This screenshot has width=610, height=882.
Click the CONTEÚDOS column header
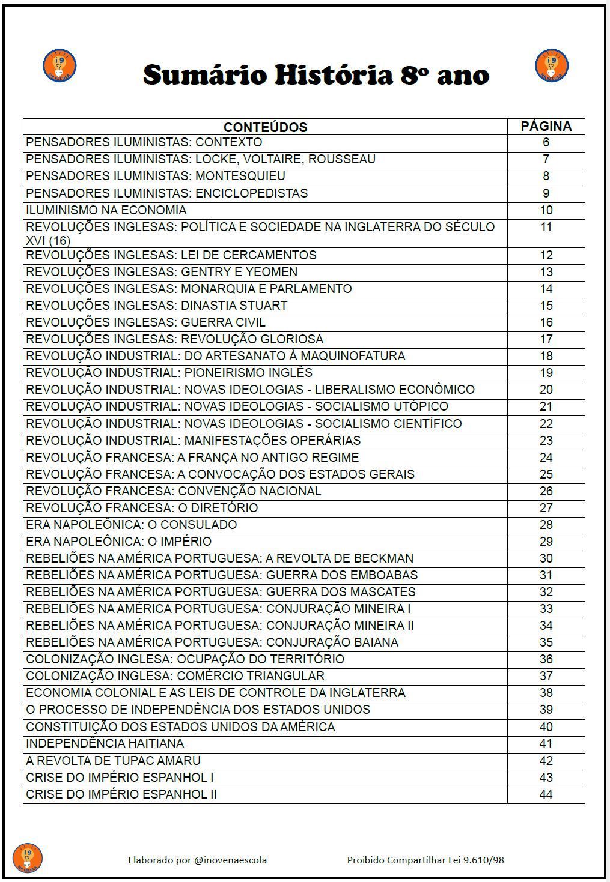(265, 127)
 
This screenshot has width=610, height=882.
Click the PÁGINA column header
(546, 127)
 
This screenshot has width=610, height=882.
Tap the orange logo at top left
(59, 66)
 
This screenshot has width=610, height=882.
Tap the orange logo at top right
(551, 65)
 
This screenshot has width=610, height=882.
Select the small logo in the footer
(28, 857)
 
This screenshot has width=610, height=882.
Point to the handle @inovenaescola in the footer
(231, 860)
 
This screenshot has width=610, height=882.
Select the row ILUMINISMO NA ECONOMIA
(106, 210)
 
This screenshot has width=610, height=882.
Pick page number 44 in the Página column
(546, 794)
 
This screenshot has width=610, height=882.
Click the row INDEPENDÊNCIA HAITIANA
(105, 743)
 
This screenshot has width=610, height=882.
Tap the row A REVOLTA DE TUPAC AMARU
(113, 761)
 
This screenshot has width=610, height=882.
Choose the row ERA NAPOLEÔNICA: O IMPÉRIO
(118, 542)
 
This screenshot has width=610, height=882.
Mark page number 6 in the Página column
(546, 142)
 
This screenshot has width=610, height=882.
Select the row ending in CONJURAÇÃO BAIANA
(212, 642)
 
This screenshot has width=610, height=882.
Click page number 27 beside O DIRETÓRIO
(546, 508)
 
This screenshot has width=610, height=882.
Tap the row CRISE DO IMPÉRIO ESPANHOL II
(121, 794)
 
